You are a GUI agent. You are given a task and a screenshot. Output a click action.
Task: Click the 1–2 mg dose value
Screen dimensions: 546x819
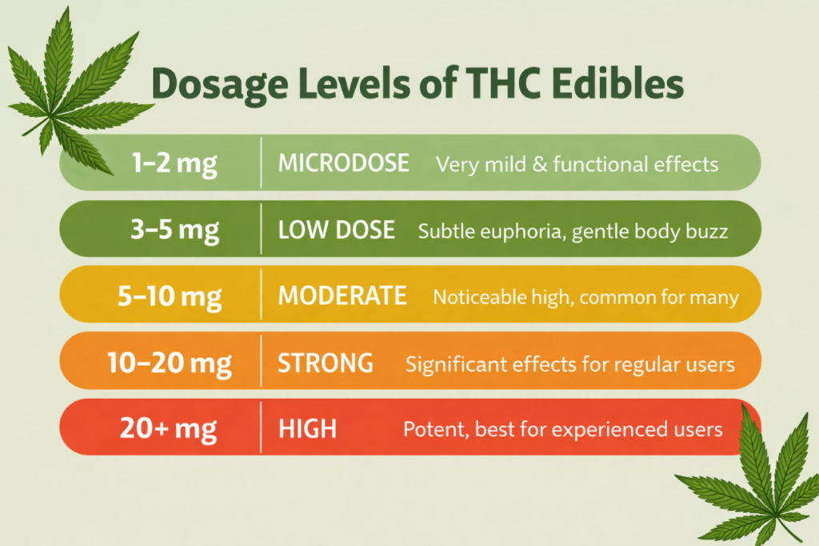(174, 163)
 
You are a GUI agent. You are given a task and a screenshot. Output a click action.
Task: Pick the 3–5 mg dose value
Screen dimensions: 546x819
(174, 229)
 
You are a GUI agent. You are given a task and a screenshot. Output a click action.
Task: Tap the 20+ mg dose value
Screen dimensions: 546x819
(168, 429)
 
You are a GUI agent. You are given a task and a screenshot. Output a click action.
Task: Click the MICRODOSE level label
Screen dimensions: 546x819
(343, 163)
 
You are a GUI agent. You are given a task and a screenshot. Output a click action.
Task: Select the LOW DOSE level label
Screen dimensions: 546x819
(336, 231)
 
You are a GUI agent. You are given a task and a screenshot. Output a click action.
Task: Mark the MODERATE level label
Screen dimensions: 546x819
(342, 296)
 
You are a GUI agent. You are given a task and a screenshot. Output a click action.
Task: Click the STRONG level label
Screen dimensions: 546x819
(326, 363)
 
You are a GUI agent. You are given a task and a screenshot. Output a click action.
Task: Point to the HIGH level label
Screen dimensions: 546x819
(307, 430)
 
